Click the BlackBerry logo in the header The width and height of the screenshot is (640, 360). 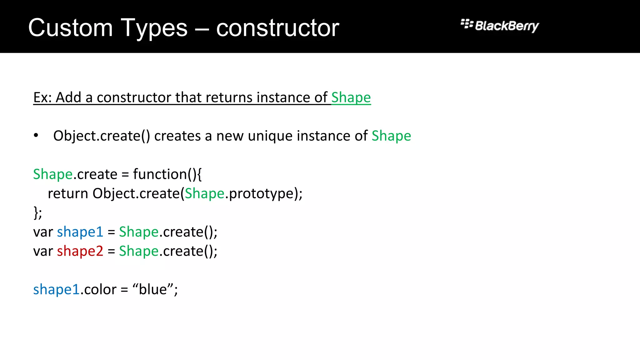click(500, 26)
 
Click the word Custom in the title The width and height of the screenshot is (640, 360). click(70, 28)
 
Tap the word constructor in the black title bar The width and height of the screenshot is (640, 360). click(277, 28)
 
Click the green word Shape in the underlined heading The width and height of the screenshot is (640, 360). click(351, 97)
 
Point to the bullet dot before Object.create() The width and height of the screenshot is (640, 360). click(36, 135)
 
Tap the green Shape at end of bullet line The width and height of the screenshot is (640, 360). click(391, 136)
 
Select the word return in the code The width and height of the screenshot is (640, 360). click(68, 194)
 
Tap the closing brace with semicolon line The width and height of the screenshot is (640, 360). click(37, 213)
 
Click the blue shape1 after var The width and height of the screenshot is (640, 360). click(80, 232)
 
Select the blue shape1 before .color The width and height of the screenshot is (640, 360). click(56, 290)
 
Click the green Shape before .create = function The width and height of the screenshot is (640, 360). click(53, 174)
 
